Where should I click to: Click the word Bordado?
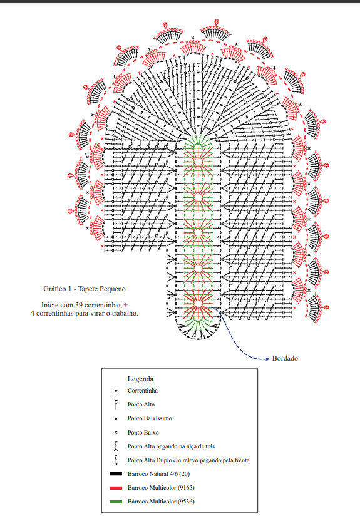(x=285, y=358)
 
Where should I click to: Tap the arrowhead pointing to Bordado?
(x=267, y=359)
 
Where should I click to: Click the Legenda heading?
(x=140, y=379)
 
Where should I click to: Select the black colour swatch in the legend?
(x=116, y=474)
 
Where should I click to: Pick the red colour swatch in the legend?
(x=116, y=488)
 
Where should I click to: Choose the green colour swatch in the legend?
(x=116, y=502)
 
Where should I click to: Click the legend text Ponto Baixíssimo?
(x=150, y=418)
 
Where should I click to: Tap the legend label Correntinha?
(x=143, y=391)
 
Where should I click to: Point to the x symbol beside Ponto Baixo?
(x=116, y=433)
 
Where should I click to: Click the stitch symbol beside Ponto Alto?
(x=116, y=405)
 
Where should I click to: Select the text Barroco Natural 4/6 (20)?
(x=159, y=474)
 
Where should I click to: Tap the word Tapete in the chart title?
(x=89, y=289)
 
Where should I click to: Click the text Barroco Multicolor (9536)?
(x=161, y=502)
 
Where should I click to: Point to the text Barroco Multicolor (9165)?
(x=161, y=487)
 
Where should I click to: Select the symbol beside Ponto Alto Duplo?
(x=116, y=460)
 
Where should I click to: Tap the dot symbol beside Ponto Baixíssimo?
(x=116, y=419)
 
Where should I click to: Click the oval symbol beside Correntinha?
(x=116, y=391)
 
